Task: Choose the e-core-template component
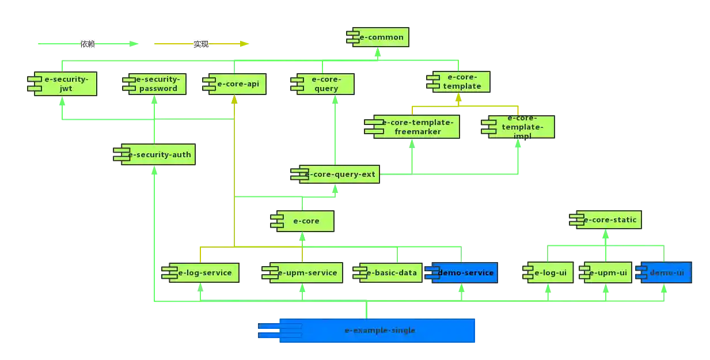tap(460, 82)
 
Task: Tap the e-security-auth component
tap(155, 154)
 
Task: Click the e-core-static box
tap(606, 219)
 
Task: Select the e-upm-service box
tap(303, 273)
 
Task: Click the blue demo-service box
tap(462, 273)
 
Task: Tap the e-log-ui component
tap(548, 273)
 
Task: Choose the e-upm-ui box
tap(606, 273)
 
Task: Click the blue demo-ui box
tap(663, 273)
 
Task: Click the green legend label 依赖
tap(88, 44)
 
